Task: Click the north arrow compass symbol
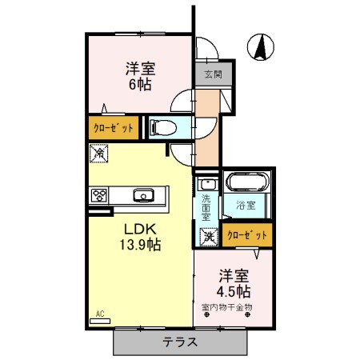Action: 260,47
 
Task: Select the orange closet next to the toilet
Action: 113,126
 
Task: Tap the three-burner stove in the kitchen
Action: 100,194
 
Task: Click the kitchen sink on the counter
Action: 145,194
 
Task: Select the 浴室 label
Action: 245,206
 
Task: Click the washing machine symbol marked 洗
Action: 208,236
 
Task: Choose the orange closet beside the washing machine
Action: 247,235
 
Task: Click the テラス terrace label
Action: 181,342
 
